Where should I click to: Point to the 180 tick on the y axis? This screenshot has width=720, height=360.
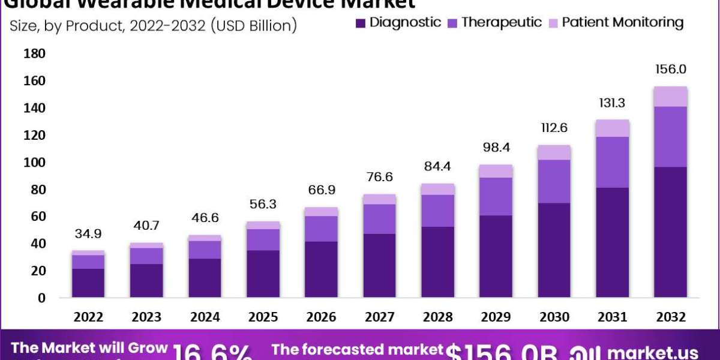tap(34, 54)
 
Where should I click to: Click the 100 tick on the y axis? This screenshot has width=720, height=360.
tap(34, 163)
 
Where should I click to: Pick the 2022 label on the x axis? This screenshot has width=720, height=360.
tap(88, 317)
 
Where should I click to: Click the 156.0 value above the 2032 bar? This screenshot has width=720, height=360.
tap(671, 69)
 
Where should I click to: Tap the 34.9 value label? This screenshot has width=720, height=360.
tap(88, 233)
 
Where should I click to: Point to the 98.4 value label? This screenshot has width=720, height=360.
tap(496, 147)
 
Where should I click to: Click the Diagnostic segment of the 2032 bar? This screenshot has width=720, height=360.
tap(671, 232)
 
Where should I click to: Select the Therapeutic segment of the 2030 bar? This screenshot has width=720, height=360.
tap(554, 181)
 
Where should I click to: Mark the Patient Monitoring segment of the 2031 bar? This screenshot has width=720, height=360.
tap(612, 128)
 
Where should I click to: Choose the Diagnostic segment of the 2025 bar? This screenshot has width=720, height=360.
tap(263, 274)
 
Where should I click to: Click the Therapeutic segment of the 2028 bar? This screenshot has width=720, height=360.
tap(437, 211)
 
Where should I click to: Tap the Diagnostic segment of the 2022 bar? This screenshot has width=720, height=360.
tap(88, 283)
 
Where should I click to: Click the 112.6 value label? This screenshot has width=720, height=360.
tap(554, 128)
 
